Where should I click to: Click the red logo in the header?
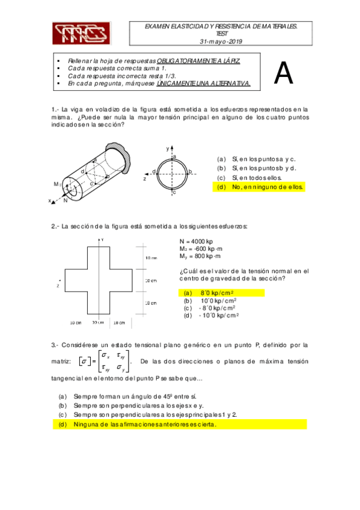point(82,34)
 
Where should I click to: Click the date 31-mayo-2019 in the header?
point(221,41)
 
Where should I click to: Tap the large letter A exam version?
point(284,73)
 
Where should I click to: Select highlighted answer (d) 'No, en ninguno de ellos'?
point(259,187)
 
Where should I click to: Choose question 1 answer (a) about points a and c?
point(257,159)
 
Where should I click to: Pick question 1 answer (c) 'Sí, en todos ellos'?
point(249,177)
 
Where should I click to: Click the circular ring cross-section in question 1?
point(172,174)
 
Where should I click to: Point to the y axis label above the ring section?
point(168,149)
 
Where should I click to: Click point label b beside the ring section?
point(191,171)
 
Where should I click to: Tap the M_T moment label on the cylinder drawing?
point(57,185)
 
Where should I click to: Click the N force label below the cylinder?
point(66,200)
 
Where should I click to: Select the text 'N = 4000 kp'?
point(197,241)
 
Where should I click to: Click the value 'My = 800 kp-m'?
point(200,256)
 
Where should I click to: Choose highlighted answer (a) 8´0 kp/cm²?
point(222,293)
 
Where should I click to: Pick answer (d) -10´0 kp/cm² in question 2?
point(212,316)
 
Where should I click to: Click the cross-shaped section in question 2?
point(99,280)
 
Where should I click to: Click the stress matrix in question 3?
point(105,361)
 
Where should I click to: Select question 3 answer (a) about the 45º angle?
point(127,396)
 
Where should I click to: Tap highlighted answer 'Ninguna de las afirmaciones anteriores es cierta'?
point(180,425)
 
